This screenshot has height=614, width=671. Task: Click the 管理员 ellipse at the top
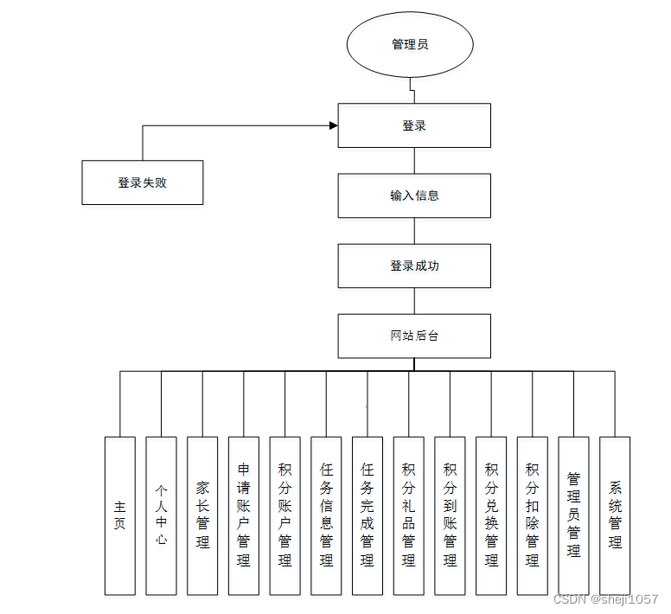(410, 44)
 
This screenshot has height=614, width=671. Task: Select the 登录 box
(414, 125)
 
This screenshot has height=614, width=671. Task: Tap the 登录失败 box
(143, 182)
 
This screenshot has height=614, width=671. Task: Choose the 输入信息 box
(414, 195)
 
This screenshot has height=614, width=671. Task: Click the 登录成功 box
(414, 265)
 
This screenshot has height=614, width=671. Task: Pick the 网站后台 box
(414, 336)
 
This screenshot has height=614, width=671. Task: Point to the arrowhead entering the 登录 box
(333, 126)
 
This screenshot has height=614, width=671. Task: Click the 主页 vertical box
(120, 515)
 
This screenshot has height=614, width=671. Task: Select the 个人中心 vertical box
(161, 515)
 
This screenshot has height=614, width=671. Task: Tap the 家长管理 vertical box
(202, 515)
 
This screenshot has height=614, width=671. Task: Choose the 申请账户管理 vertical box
(244, 515)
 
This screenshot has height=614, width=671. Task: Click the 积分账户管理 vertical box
(284, 515)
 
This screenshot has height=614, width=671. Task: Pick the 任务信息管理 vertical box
(326, 515)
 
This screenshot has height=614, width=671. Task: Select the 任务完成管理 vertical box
(367, 515)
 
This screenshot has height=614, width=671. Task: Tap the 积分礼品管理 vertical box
(408, 515)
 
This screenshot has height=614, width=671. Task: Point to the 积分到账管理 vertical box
(450, 515)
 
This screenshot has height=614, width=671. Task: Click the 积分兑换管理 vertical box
(491, 515)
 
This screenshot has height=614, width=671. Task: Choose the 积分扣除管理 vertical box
(532, 515)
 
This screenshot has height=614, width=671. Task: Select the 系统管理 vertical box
(615, 515)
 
